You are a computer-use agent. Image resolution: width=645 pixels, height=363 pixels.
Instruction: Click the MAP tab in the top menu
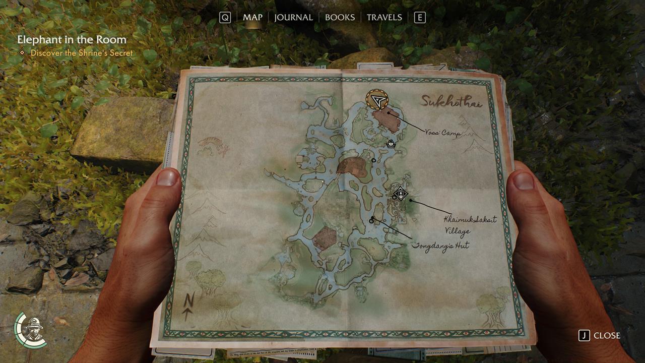pyautogui.click(x=252, y=17)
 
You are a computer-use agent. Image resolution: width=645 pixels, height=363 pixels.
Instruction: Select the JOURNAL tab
pyautogui.click(x=293, y=17)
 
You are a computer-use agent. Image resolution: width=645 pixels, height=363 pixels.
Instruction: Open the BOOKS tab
pyautogui.click(x=340, y=17)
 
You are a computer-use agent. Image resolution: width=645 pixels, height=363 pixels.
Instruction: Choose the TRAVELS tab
pyautogui.click(x=384, y=17)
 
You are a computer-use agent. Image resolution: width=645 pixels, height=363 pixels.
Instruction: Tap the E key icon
pyautogui.click(x=419, y=18)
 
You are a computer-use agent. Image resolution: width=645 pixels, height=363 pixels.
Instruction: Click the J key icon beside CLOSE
pyautogui.click(x=584, y=336)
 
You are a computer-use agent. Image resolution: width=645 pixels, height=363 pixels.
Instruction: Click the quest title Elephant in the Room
pyautogui.click(x=72, y=39)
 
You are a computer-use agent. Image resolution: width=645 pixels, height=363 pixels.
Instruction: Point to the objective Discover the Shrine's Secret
pyautogui.click(x=81, y=53)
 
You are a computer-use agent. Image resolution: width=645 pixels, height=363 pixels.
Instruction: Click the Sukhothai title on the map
pyautogui.click(x=452, y=102)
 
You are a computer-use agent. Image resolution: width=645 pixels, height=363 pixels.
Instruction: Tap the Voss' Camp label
pyautogui.click(x=443, y=133)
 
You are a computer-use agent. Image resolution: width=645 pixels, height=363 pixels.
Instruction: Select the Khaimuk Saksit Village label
pyautogui.click(x=469, y=225)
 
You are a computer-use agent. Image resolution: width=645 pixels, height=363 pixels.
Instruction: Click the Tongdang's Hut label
pyautogui.click(x=441, y=246)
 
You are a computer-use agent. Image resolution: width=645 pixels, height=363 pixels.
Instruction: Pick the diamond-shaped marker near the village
pyautogui.click(x=401, y=193)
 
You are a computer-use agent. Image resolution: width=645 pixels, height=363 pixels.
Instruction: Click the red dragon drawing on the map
pyautogui.click(x=214, y=147)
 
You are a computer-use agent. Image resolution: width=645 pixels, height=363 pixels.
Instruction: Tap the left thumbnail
pyautogui.click(x=168, y=177)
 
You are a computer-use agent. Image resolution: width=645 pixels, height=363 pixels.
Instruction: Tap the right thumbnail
pyautogui.click(x=524, y=180)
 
